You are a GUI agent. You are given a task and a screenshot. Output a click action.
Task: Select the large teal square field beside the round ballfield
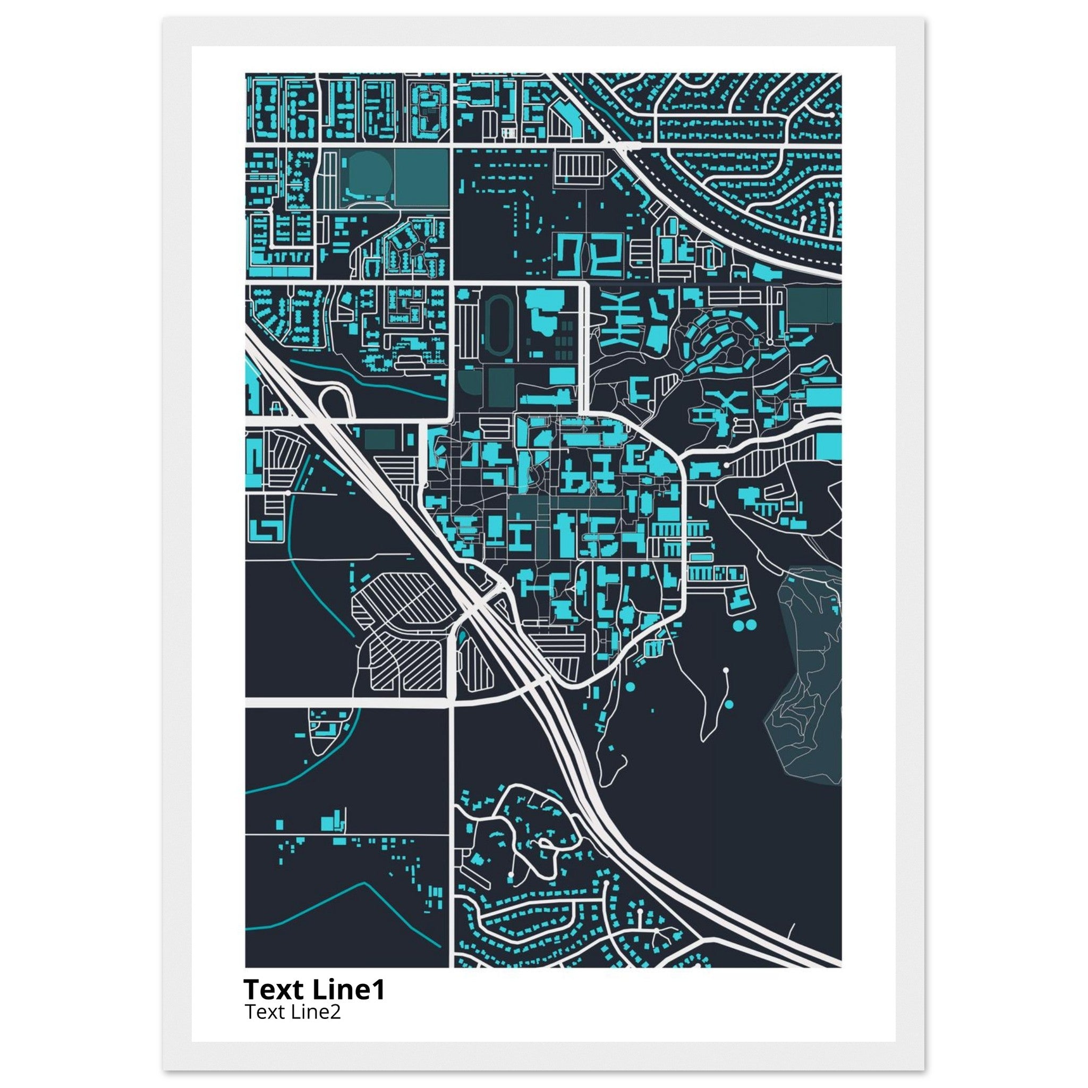tap(421, 176)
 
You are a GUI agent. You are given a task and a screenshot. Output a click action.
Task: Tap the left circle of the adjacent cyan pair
tap(738, 625)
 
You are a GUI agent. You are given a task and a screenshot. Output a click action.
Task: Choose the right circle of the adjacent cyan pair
tap(752, 625)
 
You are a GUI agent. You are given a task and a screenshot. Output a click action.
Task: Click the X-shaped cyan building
tap(729, 402)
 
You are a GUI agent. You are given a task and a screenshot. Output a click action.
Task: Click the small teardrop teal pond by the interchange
tap(462, 637)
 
